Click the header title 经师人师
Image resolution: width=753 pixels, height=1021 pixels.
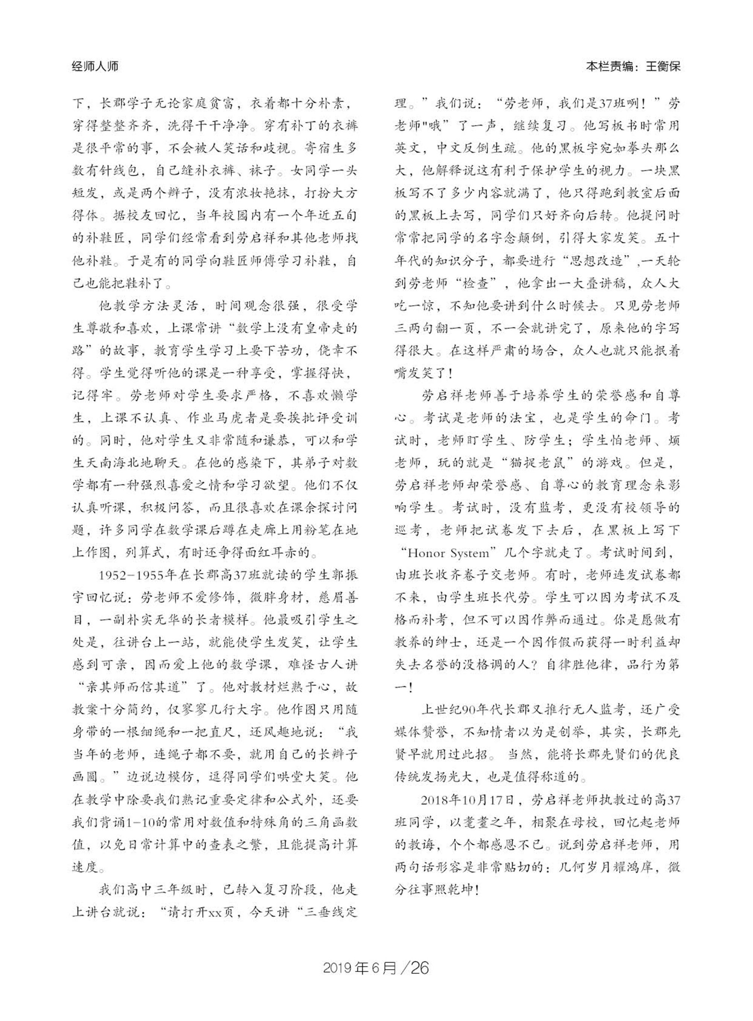pyautogui.click(x=95, y=67)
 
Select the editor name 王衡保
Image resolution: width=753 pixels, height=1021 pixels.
pyautogui.click(x=663, y=67)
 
